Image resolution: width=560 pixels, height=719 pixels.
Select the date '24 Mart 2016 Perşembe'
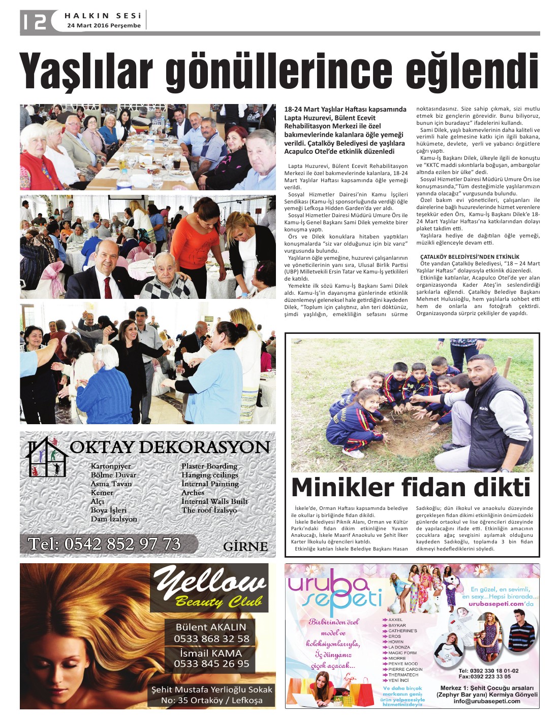click(104, 25)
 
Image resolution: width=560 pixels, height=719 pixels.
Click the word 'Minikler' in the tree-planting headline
click(343, 488)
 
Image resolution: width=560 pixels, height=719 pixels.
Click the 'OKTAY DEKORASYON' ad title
click(170, 448)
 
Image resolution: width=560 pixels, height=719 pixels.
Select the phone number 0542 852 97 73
click(105, 544)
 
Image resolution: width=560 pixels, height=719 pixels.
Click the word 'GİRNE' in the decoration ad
click(245, 546)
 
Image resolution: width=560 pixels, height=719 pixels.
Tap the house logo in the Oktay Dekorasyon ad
click(47, 457)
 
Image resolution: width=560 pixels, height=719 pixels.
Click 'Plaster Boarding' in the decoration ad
click(209, 466)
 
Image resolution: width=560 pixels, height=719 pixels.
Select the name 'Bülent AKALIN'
click(211, 627)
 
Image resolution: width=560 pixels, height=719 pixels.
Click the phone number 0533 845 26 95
click(211, 664)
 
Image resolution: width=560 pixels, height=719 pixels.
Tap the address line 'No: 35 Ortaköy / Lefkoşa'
click(212, 700)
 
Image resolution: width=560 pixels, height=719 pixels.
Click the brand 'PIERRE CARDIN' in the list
click(405, 669)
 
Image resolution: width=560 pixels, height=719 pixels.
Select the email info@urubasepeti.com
click(487, 701)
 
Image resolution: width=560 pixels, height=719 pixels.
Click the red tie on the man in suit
click(108, 287)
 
